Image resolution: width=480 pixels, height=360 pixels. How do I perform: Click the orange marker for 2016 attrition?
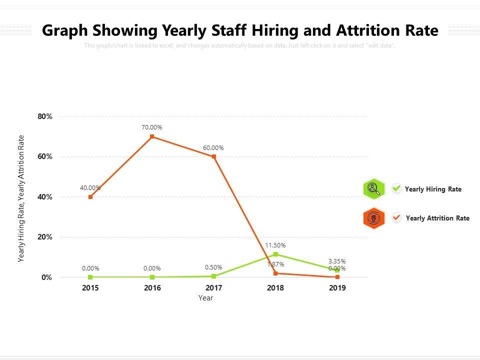pos(152,136)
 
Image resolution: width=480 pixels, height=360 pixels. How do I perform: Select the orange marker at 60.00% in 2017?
pos(214,156)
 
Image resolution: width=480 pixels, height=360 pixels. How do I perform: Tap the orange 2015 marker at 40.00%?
pos(90,197)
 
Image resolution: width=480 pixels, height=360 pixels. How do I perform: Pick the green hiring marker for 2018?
pos(275,254)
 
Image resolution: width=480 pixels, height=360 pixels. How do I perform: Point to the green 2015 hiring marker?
pos(90,277)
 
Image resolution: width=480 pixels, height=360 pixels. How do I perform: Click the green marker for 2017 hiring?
pos(214,276)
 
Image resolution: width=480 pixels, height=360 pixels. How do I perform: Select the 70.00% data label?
pos(152,127)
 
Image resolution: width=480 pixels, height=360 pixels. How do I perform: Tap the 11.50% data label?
pos(275,245)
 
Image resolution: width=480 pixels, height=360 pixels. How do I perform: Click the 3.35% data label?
pos(337,261)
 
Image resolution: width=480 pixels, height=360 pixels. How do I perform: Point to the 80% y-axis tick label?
pos(45,116)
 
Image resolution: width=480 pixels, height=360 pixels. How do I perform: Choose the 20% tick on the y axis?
pos(45,237)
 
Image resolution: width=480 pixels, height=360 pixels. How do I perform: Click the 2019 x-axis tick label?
pos(337,288)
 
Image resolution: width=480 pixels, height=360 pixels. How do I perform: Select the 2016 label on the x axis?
pos(152,288)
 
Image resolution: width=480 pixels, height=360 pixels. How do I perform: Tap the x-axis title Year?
pos(205,298)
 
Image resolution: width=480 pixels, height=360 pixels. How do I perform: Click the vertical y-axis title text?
pos(21,198)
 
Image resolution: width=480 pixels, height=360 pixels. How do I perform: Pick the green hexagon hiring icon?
pos(374,189)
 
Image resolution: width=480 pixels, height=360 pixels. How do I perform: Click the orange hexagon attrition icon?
pos(374,218)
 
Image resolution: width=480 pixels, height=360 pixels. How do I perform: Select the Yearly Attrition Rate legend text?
pos(437,218)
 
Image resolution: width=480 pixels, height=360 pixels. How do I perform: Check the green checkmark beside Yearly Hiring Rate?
pos(397,188)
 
